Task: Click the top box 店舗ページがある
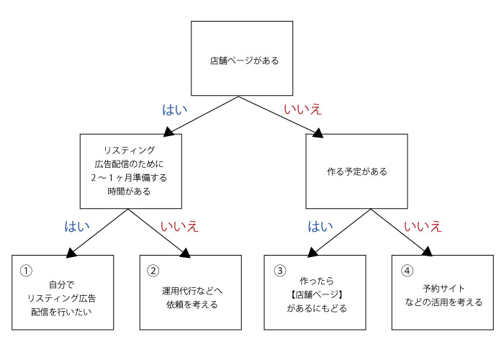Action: coord(243,61)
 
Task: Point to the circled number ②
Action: coord(153,271)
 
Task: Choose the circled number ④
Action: coord(407,271)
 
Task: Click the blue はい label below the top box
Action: coord(174,109)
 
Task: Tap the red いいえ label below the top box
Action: coord(302,109)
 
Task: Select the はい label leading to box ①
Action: coord(78,226)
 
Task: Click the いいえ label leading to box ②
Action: coord(179,226)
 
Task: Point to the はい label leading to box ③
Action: coord(320,226)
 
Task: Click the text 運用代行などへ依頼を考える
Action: coord(190,297)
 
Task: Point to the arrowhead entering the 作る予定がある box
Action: coord(318,130)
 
